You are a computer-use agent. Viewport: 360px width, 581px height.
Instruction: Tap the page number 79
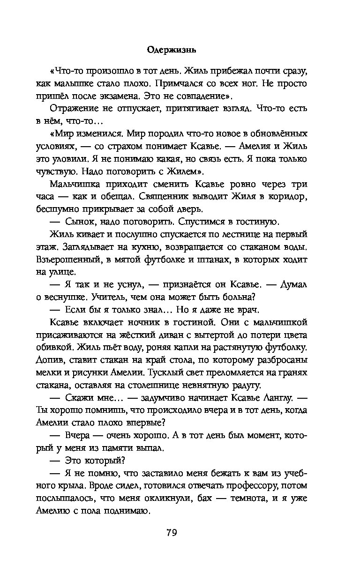point(180,533)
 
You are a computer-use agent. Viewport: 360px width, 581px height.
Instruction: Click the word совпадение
point(199,96)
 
